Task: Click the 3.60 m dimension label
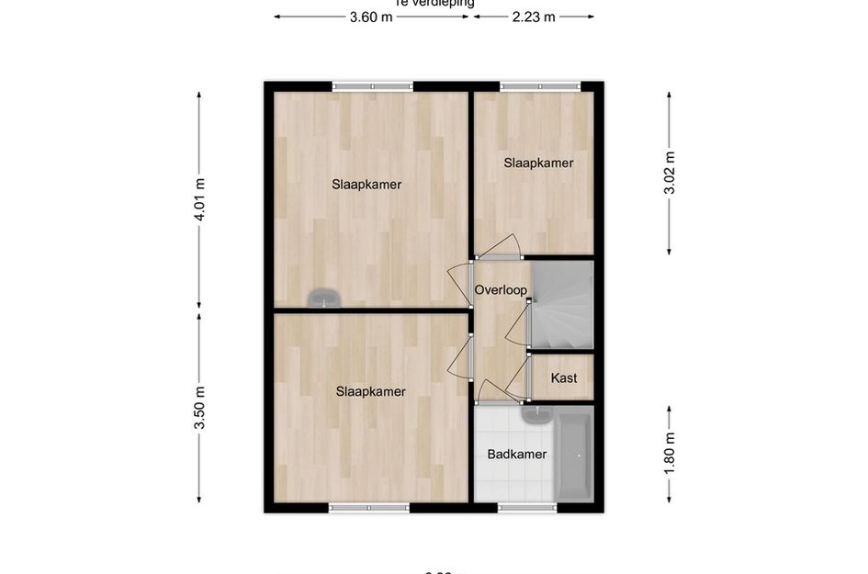[x=371, y=17]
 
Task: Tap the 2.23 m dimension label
[x=534, y=17]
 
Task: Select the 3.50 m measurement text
[x=200, y=408]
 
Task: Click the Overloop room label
[x=501, y=290]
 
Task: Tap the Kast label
[x=564, y=378]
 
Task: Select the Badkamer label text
[x=517, y=454]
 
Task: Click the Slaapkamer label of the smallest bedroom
[x=538, y=163]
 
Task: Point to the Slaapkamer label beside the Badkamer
[x=371, y=391]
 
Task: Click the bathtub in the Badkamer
[x=575, y=456]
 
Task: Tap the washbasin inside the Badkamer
[x=535, y=415]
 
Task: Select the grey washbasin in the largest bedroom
[x=323, y=297]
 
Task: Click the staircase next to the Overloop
[x=562, y=305]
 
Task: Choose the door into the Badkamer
[x=497, y=393]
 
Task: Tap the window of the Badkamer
[x=527, y=507]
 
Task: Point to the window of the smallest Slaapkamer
[x=540, y=86]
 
